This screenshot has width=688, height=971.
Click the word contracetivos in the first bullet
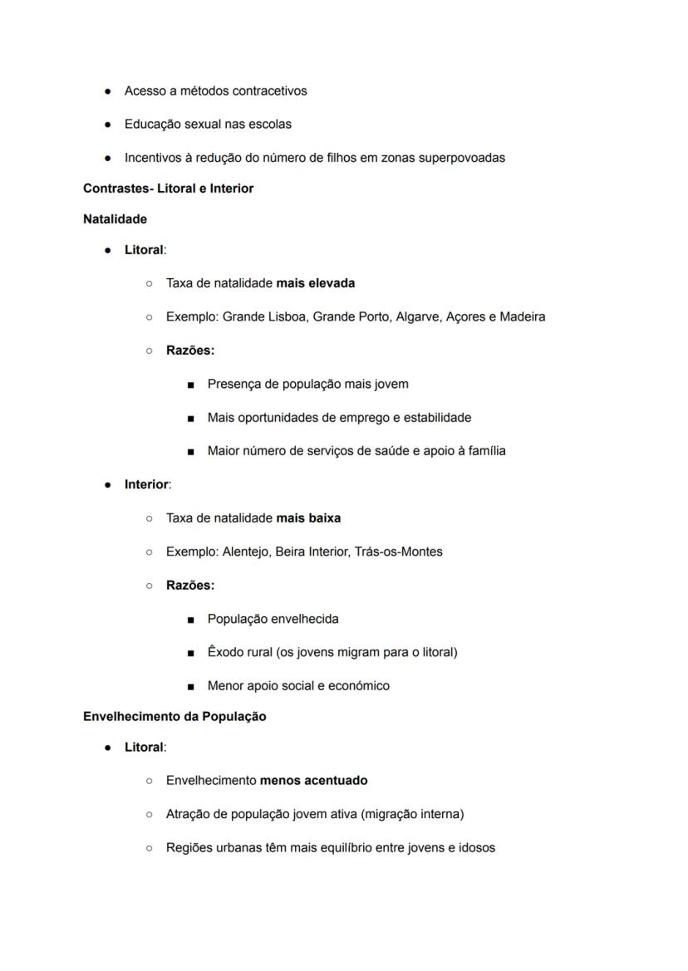(269, 91)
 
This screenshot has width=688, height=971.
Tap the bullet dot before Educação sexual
(108, 125)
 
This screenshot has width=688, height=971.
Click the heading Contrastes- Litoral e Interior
(168, 189)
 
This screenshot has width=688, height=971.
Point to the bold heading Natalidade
(115, 219)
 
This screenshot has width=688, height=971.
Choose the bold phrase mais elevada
(316, 283)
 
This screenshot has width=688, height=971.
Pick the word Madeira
(523, 316)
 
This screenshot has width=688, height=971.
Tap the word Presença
(235, 384)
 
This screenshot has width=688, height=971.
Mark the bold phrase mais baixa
(308, 518)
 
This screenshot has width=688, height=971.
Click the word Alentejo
(246, 552)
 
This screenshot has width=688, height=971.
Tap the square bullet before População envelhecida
(191, 620)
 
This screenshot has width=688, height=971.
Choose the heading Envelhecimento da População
(174, 716)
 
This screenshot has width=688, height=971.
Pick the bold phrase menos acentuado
(313, 781)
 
